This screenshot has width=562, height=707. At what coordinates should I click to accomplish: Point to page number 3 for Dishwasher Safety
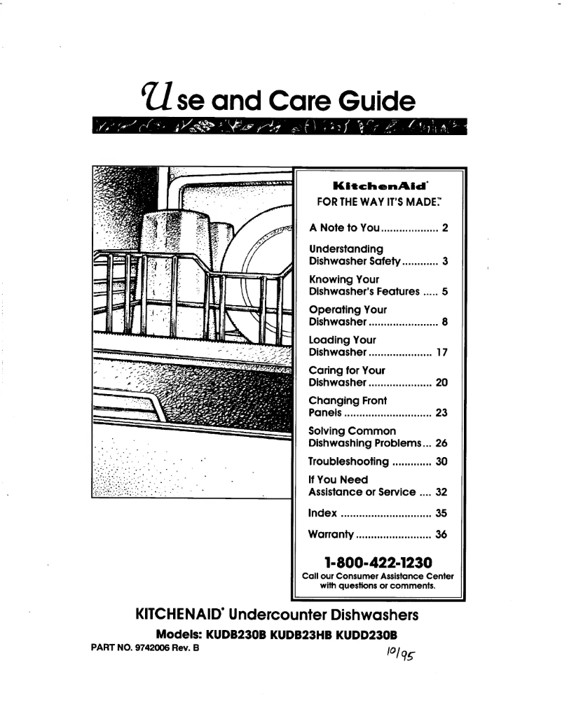click(444, 262)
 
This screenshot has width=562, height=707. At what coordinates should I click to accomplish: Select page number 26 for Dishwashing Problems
click(441, 444)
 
